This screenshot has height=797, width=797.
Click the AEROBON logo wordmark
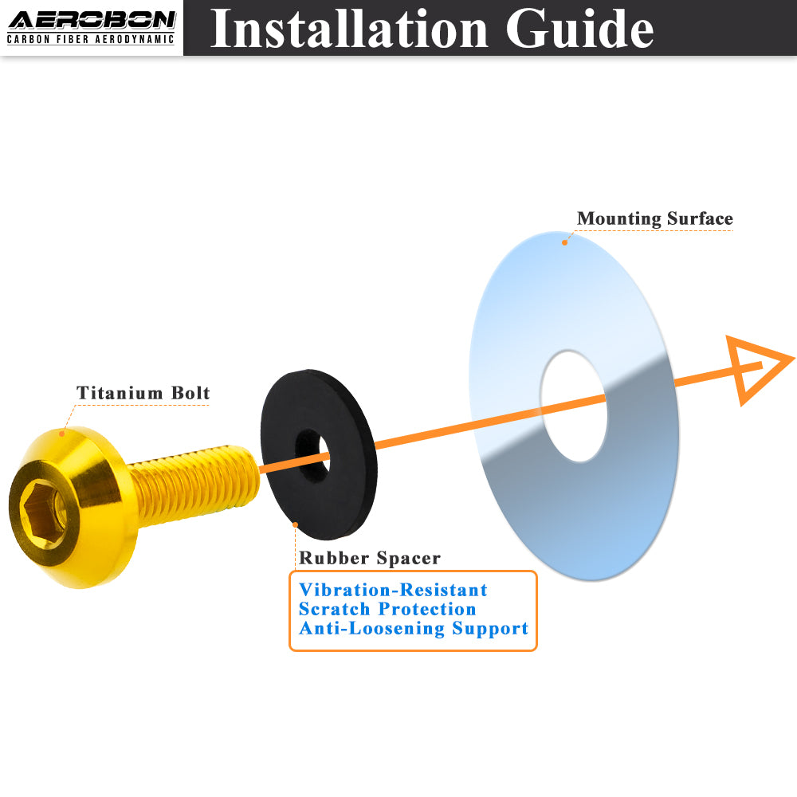[x=92, y=21]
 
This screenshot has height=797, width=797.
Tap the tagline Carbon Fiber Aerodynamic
[x=91, y=39]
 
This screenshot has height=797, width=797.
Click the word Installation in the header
[x=349, y=29]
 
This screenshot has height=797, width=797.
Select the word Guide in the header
[x=579, y=29]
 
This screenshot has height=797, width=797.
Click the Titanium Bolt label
[x=143, y=393]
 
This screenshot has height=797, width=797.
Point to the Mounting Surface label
[x=654, y=218]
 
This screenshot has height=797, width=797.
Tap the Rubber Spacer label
[x=370, y=558]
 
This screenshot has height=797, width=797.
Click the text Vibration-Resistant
[x=393, y=590]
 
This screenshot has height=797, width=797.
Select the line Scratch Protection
[x=387, y=609]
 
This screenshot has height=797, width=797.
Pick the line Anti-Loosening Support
[x=414, y=628]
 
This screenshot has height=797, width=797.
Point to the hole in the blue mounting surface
[x=574, y=406]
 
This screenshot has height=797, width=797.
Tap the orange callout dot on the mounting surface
[x=564, y=242]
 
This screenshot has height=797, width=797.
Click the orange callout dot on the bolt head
[x=62, y=434]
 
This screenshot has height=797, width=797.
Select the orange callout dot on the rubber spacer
[x=296, y=524]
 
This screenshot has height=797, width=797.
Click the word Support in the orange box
[x=490, y=629]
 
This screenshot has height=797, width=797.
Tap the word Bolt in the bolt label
[x=190, y=393]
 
